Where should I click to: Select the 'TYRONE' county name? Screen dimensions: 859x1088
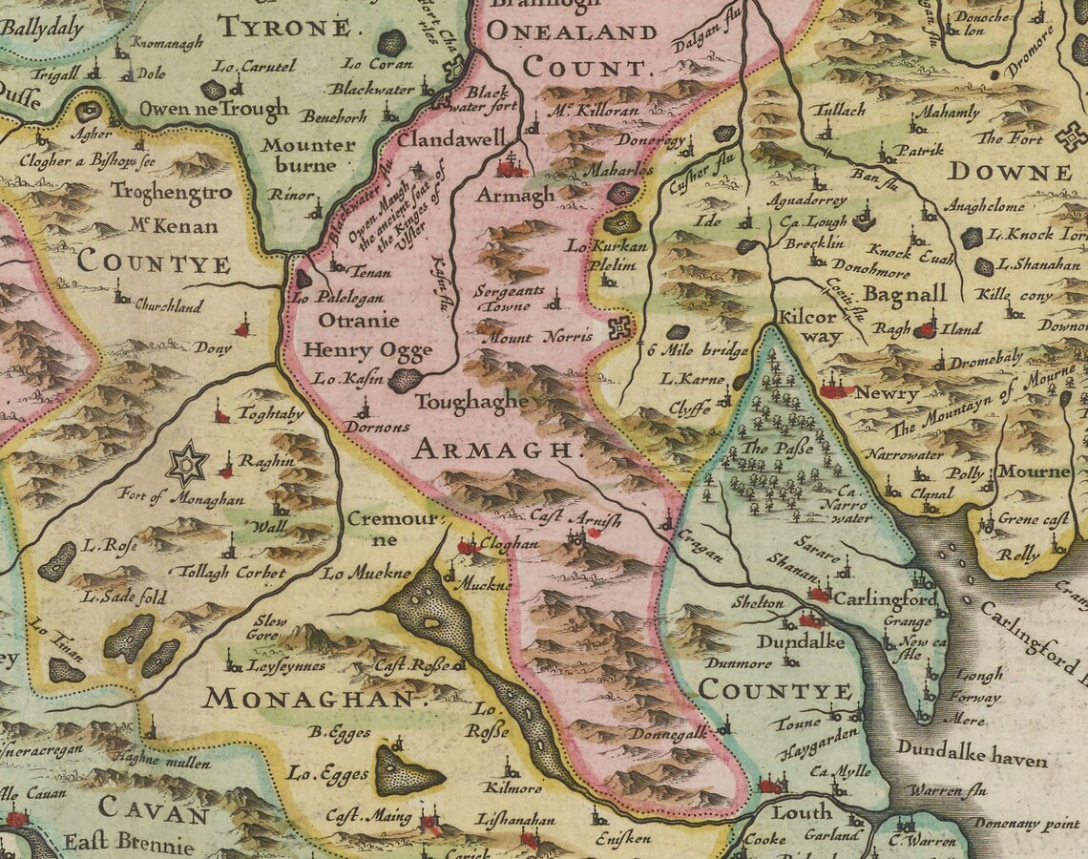pyautogui.click(x=283, y=27)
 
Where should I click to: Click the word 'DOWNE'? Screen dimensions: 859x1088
pyautogui.click(x=1010, y=172)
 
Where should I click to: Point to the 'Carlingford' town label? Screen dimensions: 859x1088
pyautogui.click(x=885, y=599)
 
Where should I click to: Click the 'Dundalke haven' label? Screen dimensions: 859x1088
pyautogui.click(x=972, y=760)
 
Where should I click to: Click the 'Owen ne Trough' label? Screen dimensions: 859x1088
pyautogui.click(x=213, y=108)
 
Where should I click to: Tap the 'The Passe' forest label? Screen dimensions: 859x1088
pyautogui.click(x=777, y=448)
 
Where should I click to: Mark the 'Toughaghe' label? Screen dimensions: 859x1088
pyautogui.click(x=471, y=402)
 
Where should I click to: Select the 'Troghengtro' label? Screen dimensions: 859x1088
pyautogui.click(x=171, y=191)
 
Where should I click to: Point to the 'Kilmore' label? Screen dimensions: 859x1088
pyautogui.click(x=513, y=788)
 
